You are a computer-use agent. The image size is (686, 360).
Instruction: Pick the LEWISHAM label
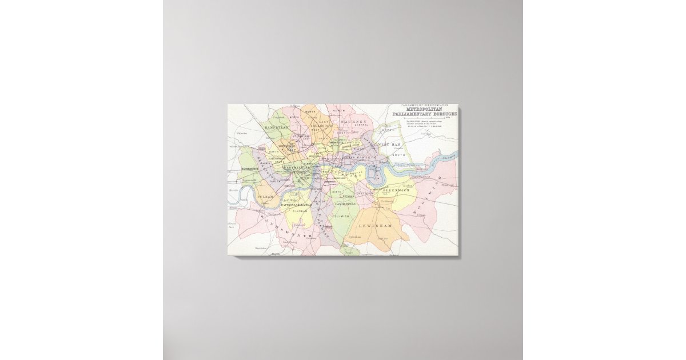[378, 226]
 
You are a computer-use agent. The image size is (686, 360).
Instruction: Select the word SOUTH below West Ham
[398, 154]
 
